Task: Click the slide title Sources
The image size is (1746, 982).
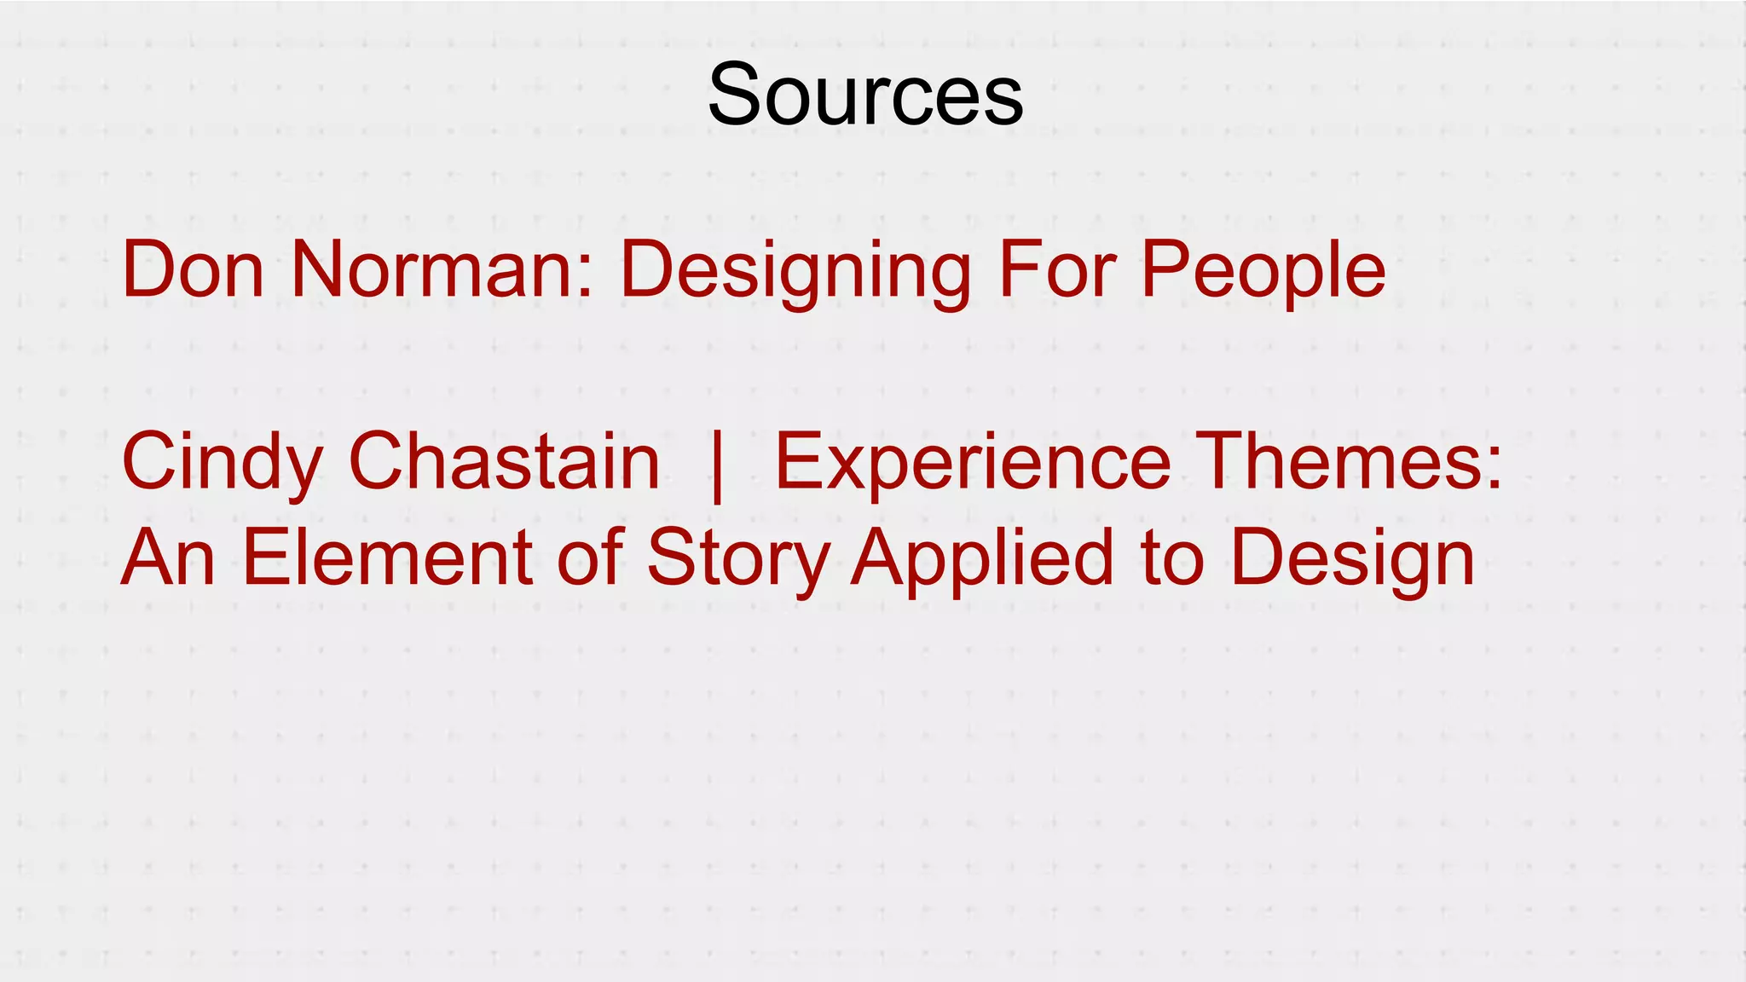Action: coord(864,94)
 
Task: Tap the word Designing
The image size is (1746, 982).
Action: coord(795,271)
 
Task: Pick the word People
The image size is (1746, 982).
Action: coord(1263,271)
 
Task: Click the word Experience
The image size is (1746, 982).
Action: coord(972,463)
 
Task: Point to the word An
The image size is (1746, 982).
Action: coord(168,557)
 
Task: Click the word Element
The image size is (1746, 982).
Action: coord(388,557)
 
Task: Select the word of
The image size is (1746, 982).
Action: coord(589,557)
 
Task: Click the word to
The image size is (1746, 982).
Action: coord(1173,557)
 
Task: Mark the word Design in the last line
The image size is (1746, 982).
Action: coord(1353,559)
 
